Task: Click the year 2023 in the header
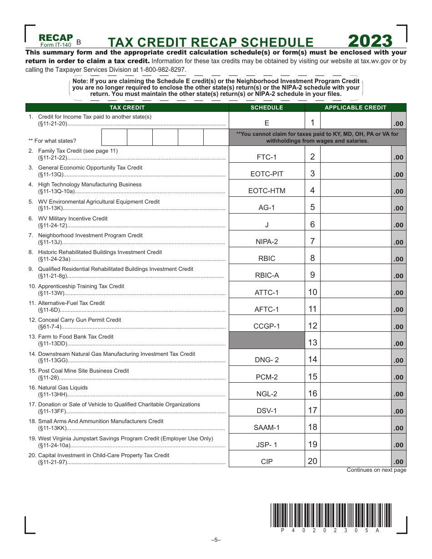pos(370,41)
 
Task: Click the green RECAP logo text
pos(55,37)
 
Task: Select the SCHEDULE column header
pos(266,108)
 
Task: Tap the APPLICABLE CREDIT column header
pos(355,108)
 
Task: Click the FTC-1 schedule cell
pos(266,157)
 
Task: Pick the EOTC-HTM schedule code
pos(266,191)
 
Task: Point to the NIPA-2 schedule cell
pos(266,242)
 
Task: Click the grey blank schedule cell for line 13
pos(266,340)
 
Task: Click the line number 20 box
pos(312,461)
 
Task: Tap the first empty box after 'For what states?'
pos(114,137)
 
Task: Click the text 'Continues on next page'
pos(377,470)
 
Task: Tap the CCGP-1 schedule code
pos(266,326)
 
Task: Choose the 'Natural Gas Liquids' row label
pos(63,388)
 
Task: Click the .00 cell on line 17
pos(398,411)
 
